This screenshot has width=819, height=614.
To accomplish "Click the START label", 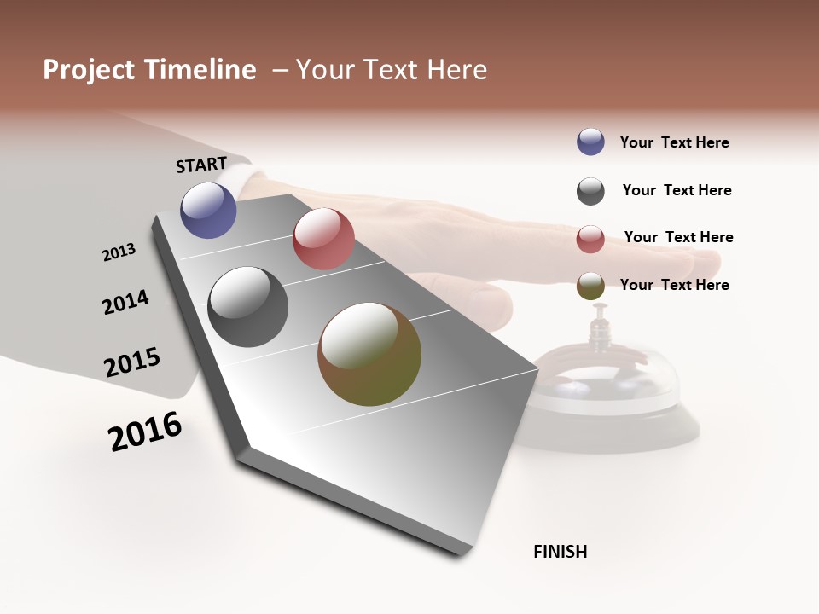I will pyautogui.click(x=201, y=165).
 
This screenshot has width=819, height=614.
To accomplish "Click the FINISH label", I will pyautogui.click(x=560, y=552).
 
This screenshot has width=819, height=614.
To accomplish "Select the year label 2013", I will pyautogui.click(x=119, y=252).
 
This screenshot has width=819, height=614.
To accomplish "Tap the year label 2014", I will pyautogui.click(x=125, y=302).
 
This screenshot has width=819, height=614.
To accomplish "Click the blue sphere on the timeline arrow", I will pyautogui.click(x=208, y=210).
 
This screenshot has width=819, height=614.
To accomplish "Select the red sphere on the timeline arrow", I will pyautogui.click(x=323, y=239).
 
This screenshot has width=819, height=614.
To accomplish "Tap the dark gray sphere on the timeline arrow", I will pyautogui.click(x=247, y=307).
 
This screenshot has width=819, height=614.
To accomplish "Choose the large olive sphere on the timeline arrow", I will pyautogui.click(x=369, y=354).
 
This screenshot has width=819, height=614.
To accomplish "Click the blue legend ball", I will pyautogui.click(x=590, y=142).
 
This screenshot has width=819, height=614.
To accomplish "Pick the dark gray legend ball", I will pyautogui.click(x=590, y=191).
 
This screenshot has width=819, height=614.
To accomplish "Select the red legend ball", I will pyautogui.click(x=590, y=239).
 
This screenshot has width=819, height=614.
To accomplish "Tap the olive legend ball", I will pyautogui.click(x=590, y=287).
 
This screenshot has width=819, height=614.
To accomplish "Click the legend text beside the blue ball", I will pyautogui.click(x=674, y=142).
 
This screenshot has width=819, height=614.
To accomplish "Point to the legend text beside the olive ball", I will pyautogui.click(x=674, y=285).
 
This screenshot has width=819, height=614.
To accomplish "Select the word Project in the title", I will pyautogui.click(x=89, y=70).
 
